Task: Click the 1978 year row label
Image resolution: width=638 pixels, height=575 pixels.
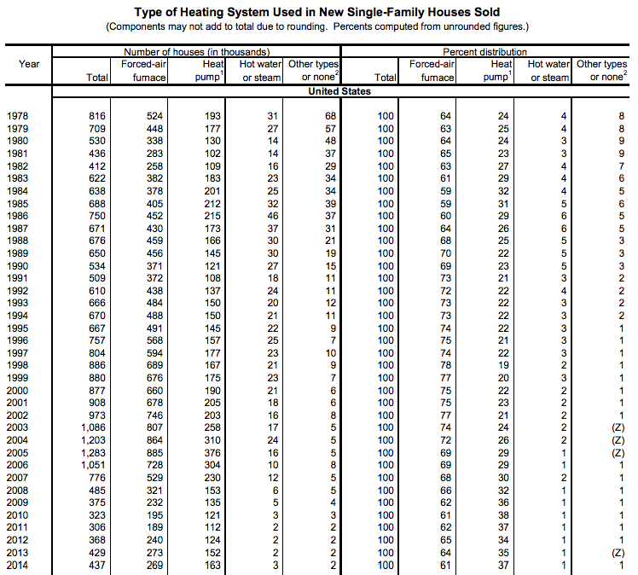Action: click(17, 115)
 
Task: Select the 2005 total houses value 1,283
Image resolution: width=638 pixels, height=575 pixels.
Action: click(94, 452)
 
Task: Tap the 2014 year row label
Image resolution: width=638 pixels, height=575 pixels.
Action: click(17, 566)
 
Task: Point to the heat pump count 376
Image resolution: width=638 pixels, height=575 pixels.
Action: click(214, 452)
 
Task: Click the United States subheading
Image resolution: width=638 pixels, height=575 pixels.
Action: click(339, 91)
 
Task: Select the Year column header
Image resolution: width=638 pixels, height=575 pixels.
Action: click(29, 64)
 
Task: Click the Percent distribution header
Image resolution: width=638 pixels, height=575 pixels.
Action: click(484, 52)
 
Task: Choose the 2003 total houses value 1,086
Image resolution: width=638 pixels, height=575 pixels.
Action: click(94, 427)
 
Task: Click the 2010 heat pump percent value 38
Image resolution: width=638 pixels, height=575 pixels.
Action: click(504, 515)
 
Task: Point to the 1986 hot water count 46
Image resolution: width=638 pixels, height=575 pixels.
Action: click(272, 216)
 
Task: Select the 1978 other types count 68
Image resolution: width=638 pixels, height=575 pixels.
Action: click(331, 115)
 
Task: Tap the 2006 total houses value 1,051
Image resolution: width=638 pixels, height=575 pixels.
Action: click(94, 465)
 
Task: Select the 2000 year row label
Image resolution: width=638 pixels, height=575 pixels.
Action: click(17, 389)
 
